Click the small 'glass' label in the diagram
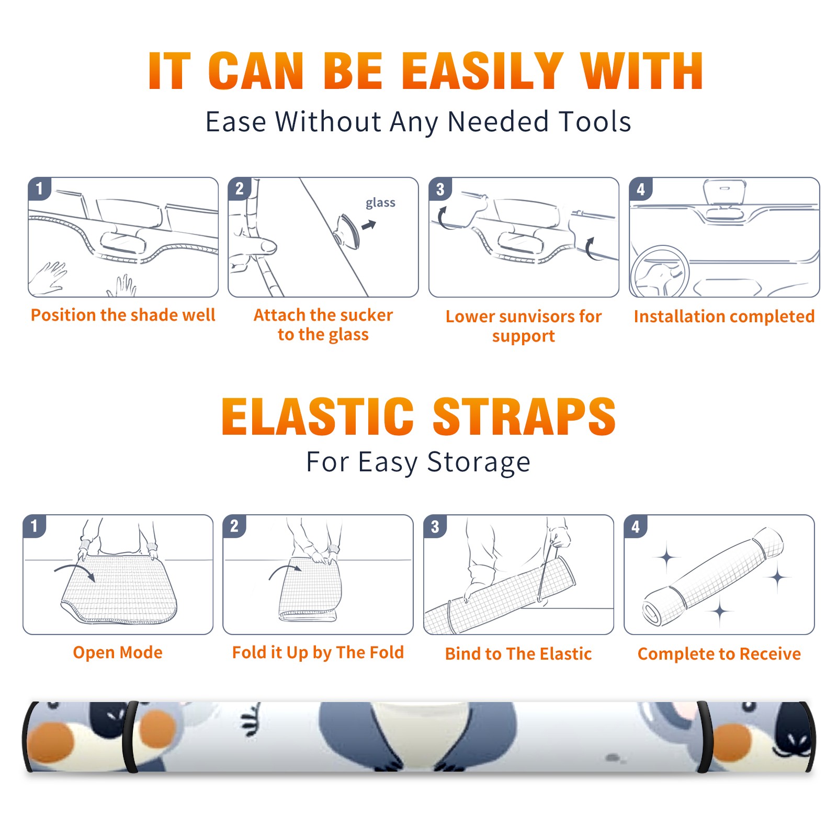(x=380, y=203)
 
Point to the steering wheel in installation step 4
(x=660, y=272)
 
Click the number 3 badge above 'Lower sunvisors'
(x=440, y=189)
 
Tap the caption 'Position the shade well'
(x=123, y=315)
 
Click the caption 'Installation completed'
(x=724, y=316)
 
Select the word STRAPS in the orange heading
(x=524, y=416)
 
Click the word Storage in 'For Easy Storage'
(x=479, y=462)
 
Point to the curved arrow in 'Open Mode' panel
(x=74, y=570)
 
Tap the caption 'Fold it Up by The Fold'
(x=318, y=652)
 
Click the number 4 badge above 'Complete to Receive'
(x=636, y=526)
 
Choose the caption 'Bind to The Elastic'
(x=518, y=654)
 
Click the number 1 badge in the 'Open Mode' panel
(x=35, y=526)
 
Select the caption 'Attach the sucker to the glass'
(x=323, y=324)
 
